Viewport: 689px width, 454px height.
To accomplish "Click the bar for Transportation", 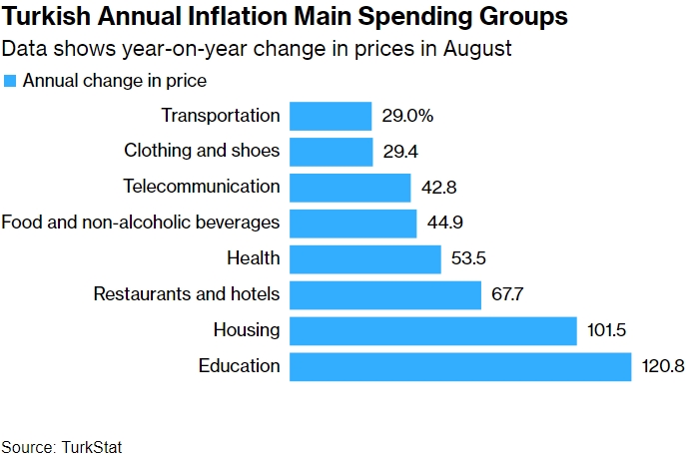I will pos(331,116).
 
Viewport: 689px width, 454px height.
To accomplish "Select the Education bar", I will pos(460,366).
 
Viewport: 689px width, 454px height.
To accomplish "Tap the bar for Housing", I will pos(433,330).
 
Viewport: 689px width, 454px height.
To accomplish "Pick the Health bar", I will pos(365,259).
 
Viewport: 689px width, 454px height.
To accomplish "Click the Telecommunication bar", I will pos(350,188).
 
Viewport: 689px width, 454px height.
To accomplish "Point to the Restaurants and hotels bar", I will pos(385,295).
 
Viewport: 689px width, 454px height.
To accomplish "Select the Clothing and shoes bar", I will pos(332,152).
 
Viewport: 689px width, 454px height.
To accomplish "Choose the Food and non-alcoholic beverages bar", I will pos(353,224).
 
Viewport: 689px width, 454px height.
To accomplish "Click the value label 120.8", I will pos(662,366).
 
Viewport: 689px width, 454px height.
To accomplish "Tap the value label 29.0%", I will pos(407,116).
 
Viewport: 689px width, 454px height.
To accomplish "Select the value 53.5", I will pos(468,259).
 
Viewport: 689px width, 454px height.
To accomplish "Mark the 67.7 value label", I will pos(508,295).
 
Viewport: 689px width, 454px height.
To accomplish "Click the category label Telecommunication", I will pos(202,187).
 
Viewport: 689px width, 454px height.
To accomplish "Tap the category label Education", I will pos(240,365).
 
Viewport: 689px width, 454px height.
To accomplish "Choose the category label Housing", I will pos(247,330).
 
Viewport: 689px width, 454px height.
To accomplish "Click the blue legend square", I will pos(10,81).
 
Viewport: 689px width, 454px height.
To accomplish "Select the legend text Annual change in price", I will pos(115,81).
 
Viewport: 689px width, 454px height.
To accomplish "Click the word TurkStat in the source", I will pos(93,446).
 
